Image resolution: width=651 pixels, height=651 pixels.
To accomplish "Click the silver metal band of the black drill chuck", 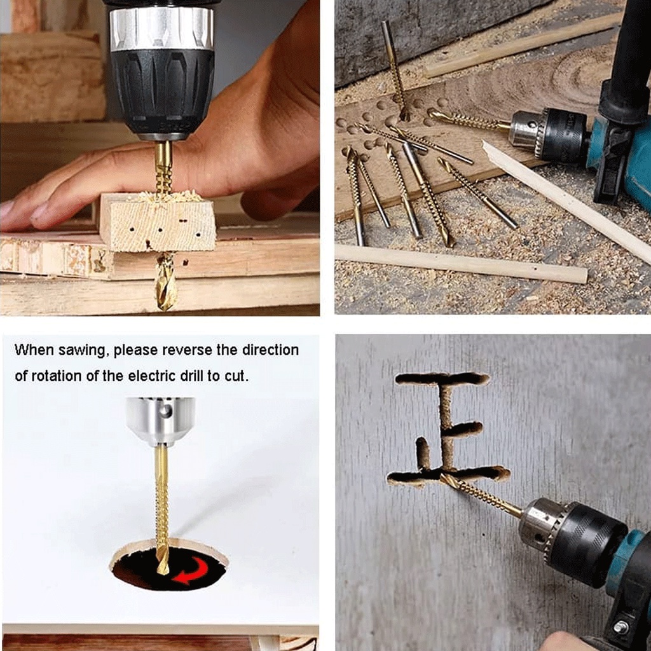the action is pos(162,28).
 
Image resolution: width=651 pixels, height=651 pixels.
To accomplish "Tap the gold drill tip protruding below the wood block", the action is pos(166,282).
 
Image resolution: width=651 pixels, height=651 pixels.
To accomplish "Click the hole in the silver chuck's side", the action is pos(166,411).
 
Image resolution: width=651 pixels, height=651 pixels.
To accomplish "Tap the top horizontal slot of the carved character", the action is pos(442,378).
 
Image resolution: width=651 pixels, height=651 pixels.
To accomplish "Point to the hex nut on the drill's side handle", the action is pos(621,626).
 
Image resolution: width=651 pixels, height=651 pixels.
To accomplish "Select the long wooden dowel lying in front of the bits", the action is pos(461,263).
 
